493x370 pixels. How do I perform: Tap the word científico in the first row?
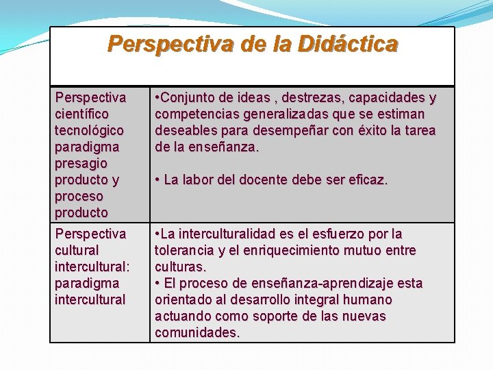81,114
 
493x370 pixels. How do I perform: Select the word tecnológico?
89,130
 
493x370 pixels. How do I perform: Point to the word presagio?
81,163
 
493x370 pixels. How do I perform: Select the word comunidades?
197,332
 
